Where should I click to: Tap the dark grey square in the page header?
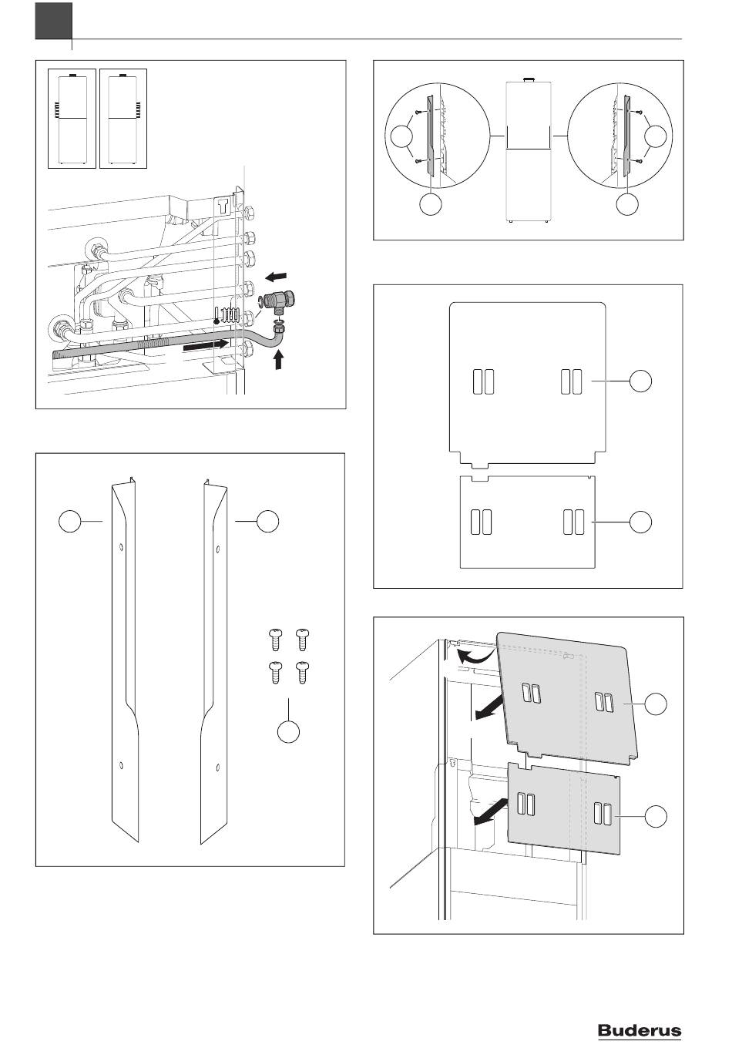(x=53, y=21)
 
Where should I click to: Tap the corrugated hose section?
(x=116, y=351)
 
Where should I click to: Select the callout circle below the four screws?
(x=288, y=732)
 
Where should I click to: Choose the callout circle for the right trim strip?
(x=267, y=522)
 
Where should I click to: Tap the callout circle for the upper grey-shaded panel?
(x=656, y=703)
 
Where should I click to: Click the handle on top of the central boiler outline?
(x=528, y=79)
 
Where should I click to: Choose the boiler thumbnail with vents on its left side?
(x=72, y=117)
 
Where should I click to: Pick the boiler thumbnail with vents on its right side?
(x=123, y=117)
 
